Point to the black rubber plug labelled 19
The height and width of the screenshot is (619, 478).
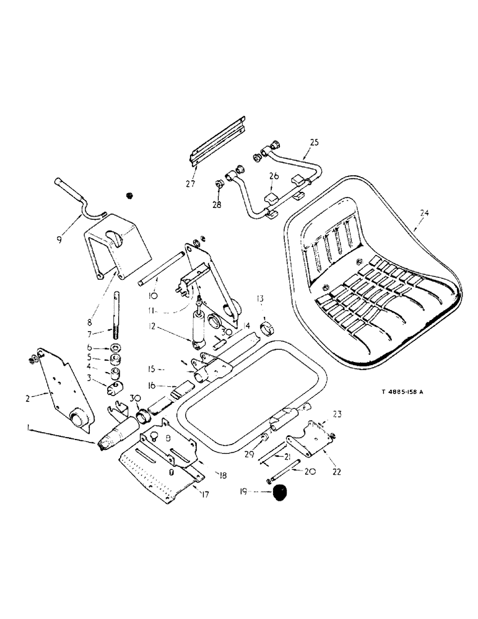pyautogui.click(x=282, y=493)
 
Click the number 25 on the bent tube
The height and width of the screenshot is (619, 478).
pyautogui.click(x=315, y=143)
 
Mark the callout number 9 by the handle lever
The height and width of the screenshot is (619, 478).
pyautogui.click(x=60, y=238)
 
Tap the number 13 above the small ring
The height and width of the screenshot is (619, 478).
pyautogui.click(x=261, y=299)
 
